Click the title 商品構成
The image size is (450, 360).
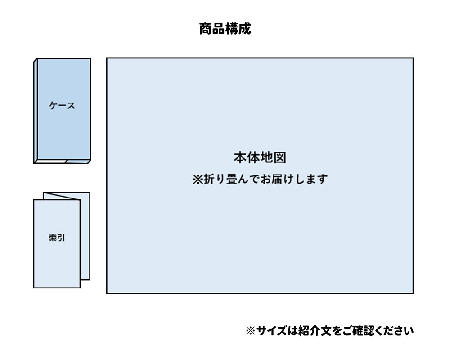click(225, 29)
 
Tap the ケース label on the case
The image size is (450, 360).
click(62, 106)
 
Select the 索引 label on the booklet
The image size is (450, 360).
click(57, 238)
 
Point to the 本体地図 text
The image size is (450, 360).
click(260, 157)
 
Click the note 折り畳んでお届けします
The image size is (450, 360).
click(266, 179)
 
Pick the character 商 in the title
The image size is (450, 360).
click(206, 29)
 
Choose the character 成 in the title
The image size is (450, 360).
click(244, 29)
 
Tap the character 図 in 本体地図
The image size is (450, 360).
click(279, 157)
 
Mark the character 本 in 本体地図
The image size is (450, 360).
click(240, 157)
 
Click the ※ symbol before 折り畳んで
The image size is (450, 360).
click(198, 180)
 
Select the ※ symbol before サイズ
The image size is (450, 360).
click(250, 331)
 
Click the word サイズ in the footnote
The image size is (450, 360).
click(271, 331)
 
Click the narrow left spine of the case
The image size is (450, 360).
click(36, 111)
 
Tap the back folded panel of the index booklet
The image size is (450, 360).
click(85, 236)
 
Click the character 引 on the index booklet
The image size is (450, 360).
click(61, 238)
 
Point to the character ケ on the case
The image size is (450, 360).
click(54, 106)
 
